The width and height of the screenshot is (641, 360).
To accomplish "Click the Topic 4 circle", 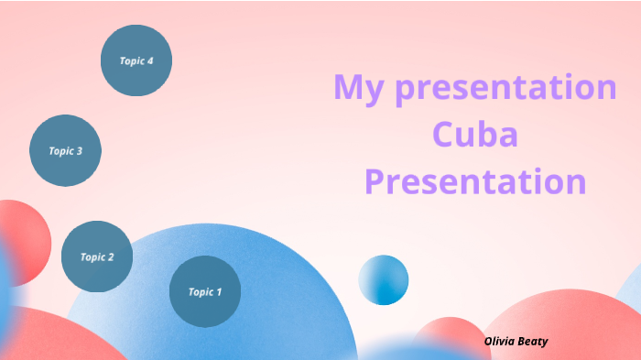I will click(x=136, y=61).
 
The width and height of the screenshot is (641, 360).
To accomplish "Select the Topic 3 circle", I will click(x=65, y=151).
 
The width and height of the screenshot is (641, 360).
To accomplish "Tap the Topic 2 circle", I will click(x=97, y=256).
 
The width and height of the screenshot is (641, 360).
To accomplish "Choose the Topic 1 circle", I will click(x=205, y=292).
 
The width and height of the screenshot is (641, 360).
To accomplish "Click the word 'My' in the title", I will click(x=354, y=89).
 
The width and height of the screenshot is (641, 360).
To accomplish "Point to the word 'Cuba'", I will click(x=474, y=135).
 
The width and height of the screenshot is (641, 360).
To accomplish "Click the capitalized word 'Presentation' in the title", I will click(x=474, y=180).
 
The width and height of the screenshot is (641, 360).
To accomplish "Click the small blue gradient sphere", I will click(x=383, y=279).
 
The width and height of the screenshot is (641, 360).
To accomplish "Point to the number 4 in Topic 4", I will click(x=150, y=61).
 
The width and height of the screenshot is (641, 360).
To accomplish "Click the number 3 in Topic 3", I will click(x=80, y=151).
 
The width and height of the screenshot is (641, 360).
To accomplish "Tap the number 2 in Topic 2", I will click(x=111, y=256).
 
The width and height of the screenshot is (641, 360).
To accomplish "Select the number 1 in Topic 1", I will click(x=219, y=292).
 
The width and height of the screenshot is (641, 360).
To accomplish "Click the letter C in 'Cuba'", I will click(x=442, y=135).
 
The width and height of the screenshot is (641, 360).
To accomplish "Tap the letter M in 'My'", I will click(x=348, y=88).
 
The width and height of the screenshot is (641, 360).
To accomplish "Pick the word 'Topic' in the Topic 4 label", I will click(x=131, y=61).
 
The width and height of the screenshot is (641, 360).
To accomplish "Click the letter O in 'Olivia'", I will click(x=489, y=340).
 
